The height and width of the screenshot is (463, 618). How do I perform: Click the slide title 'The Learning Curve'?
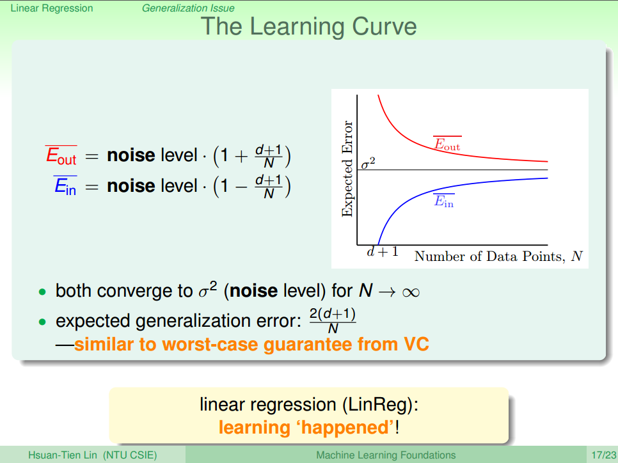point(308,26)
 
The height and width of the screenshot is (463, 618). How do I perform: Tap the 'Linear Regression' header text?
point(52,8)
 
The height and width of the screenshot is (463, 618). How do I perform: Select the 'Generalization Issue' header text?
point(188,8)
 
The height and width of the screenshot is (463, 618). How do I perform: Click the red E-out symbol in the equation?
point(61,155)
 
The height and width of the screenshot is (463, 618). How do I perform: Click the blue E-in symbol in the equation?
point(65,185)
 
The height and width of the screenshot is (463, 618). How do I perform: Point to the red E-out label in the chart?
point(447,143)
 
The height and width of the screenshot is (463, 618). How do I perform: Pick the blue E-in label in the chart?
point(444,201)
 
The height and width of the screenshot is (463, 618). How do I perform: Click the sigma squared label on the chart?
point(368,162)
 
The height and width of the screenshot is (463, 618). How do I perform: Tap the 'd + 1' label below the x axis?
point(383,251)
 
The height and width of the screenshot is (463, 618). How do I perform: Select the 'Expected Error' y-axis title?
point(347,169)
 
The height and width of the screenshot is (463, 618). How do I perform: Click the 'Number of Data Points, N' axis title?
point(498,256)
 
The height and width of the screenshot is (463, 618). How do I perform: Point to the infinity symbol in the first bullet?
point(411,292)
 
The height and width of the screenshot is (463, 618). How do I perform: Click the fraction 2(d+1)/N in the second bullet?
point(333,320)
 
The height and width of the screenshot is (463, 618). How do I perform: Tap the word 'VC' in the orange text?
point(416,344)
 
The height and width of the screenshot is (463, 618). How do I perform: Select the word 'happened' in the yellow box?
point(347,428)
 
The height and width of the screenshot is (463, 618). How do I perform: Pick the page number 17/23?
point(604,455)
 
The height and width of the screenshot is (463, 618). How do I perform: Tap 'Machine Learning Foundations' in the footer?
point(386,455)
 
